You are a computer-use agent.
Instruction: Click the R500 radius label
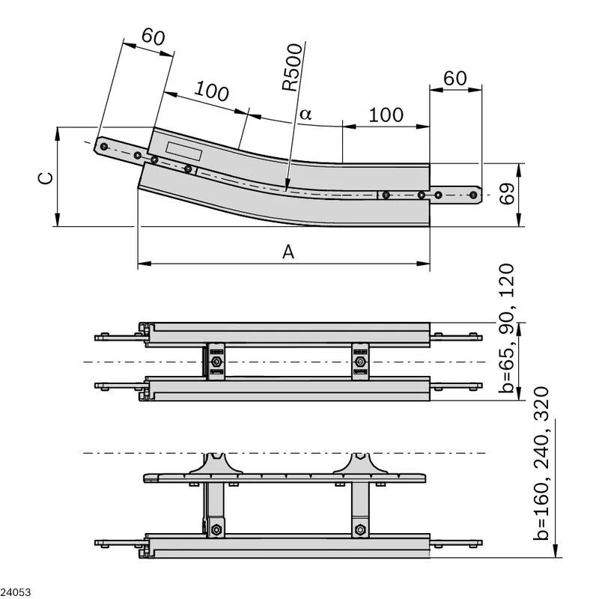292,67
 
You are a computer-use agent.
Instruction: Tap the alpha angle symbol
305,114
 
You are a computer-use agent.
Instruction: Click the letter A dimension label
288,252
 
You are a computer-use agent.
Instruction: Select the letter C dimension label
46,178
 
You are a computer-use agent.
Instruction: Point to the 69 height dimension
508,194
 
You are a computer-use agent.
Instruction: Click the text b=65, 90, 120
507,328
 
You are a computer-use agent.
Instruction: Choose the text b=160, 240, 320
541,463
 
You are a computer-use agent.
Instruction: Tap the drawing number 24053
15,592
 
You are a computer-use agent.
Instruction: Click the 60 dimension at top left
153,37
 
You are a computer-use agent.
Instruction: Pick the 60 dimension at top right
455,79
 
